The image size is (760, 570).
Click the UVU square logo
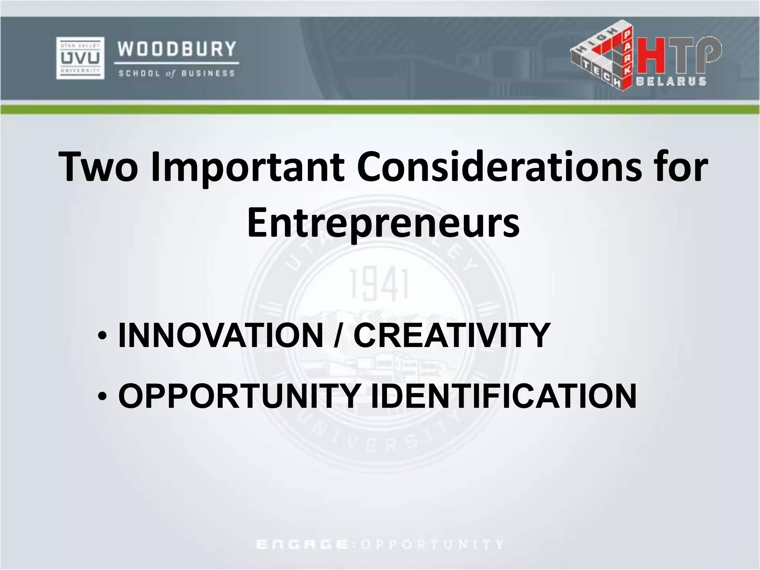(x=80, y=58)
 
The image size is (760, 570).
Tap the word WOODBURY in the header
(x=177, y=49)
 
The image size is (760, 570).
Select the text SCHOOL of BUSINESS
(x=177, y=73)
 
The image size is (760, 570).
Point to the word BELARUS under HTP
(x=671, y=81)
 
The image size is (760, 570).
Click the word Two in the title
(x=98, y=167)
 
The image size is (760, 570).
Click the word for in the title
(x=680, y=167)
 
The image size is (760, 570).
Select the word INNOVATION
(x=220, y=335)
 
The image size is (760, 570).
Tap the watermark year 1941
(x=379, y=285)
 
